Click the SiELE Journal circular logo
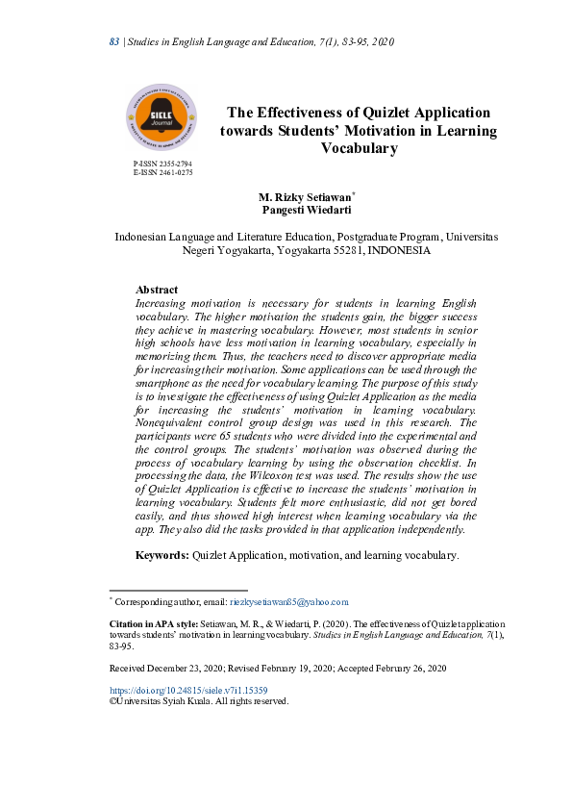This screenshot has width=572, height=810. pyautogui.click(x=162, y=117)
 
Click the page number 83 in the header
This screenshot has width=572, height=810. pyautogui.click(x=112, y=42)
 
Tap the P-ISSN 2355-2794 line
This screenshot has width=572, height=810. pyautogui.click(x=162, y=165)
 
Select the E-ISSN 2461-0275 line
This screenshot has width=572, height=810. pyautogui.click(x=162, y=173)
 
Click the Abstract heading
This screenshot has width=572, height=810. pyautogui.click(x=157, y=290)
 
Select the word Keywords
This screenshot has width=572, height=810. pyautogui.click(x=162, y=555)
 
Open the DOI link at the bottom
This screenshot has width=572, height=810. pyautogui.click(x=188, y=691)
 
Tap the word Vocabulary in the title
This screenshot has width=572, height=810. pyautogui.click(x=359, y=148)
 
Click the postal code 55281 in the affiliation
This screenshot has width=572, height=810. pyautogui.click(x=346, y=249)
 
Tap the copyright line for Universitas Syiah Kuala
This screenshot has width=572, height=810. pyautogui.click(x=199, y=701)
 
